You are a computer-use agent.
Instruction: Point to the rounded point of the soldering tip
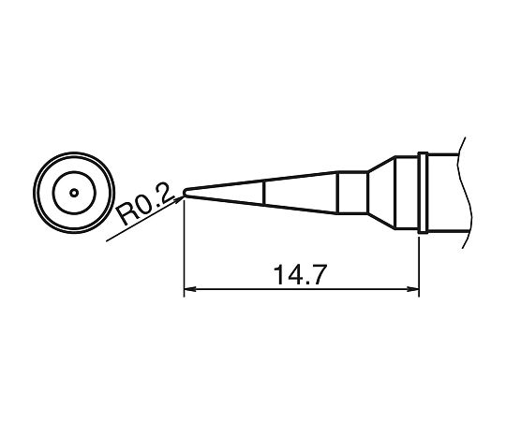click(185, 194)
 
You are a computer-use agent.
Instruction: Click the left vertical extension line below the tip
click(185, 253)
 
